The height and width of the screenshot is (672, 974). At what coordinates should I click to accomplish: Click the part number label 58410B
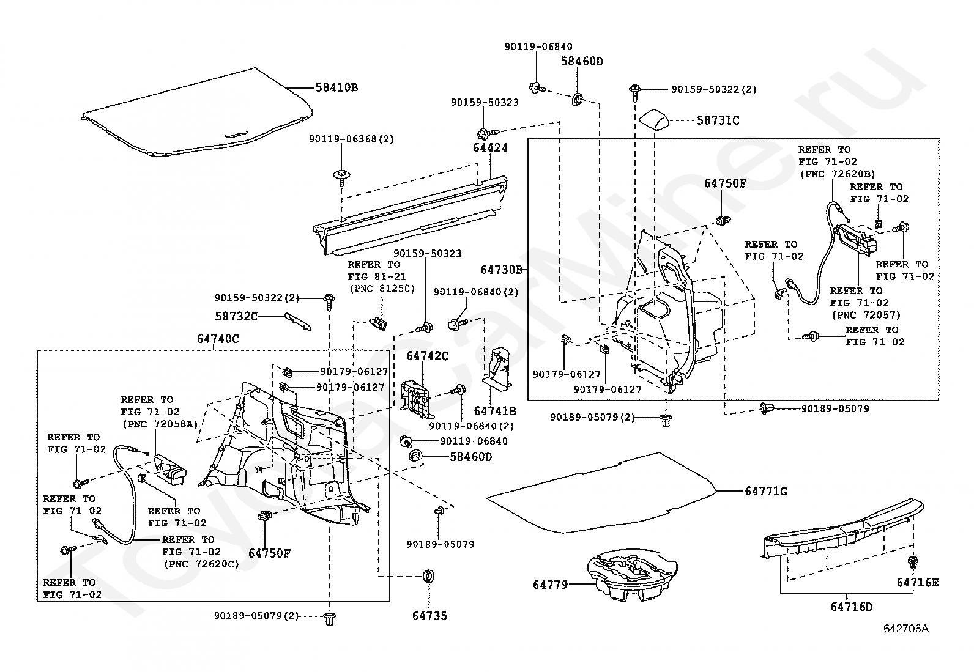coord(336,87)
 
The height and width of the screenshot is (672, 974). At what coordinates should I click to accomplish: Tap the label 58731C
coord(718,120)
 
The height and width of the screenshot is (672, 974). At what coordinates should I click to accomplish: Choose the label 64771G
coord(765,491)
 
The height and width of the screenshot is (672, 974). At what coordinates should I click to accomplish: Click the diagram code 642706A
coord(905,628)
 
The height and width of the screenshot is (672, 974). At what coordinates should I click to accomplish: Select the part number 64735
coord(429,616)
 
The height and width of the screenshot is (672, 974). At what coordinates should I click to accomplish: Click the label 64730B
coord(501,269)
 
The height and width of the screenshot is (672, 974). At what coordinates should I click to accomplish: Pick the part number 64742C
coord(427,356)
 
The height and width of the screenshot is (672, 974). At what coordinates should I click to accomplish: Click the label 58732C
coord(236,316)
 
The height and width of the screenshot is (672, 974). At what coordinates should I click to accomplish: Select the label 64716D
coord(851,607)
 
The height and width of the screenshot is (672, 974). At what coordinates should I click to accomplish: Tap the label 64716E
coord(917,582)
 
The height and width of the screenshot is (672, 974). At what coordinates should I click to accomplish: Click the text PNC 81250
coord(382,289)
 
